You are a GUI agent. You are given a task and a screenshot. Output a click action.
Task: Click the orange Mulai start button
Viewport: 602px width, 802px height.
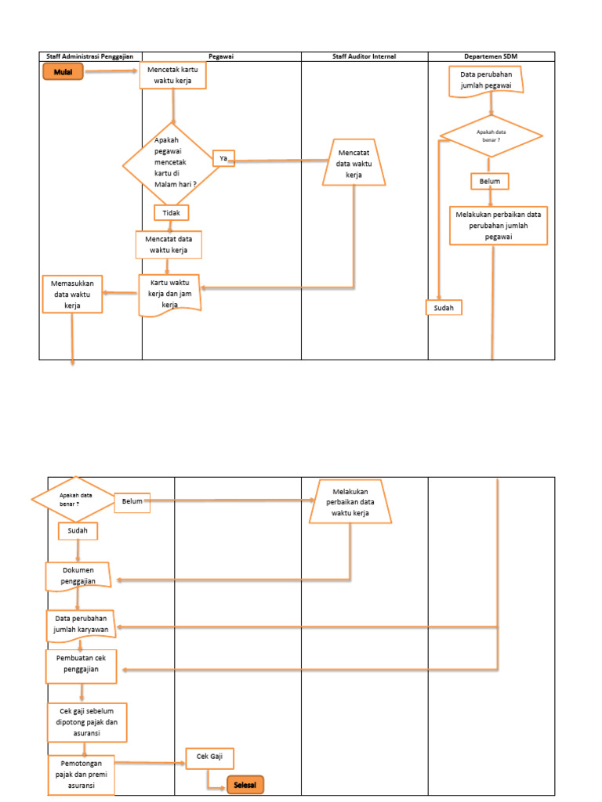(63, 71)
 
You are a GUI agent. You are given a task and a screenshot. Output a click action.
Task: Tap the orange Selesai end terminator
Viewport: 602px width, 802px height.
(245, 785)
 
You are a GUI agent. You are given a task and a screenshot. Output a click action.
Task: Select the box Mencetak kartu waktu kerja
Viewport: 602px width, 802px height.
(173, 75)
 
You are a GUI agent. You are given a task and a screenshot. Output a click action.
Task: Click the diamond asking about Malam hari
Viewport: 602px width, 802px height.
(172, 164)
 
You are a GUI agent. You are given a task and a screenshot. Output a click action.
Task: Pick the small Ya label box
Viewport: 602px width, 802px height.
(223, 158)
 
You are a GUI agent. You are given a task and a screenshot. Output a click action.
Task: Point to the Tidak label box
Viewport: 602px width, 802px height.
(172, 213)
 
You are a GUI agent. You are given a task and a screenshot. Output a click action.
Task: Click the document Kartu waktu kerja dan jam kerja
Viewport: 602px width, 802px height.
(170, 295)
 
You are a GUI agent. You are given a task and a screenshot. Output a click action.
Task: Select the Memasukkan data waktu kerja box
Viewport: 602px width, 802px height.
(72, 294)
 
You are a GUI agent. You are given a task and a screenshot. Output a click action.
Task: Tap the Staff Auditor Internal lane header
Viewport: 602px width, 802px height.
(364, 56)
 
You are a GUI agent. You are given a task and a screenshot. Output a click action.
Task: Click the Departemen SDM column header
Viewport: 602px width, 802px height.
(491, 56)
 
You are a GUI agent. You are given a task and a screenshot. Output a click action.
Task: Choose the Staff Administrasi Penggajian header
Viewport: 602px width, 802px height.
(90, 56)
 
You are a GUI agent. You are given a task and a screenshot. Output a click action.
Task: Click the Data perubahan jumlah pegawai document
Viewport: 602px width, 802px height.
(486, 81)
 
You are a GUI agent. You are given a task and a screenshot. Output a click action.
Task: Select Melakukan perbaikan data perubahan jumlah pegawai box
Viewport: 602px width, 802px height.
(498, 226)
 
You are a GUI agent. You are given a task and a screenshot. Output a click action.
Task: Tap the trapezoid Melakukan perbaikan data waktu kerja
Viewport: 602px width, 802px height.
(350, 502)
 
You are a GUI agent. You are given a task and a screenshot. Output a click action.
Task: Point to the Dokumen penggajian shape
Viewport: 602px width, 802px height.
(78, 576)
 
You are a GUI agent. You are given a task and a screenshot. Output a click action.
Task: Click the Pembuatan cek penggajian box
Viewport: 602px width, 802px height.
(81, 666)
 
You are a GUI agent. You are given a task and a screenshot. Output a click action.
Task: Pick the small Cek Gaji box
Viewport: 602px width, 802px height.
(209, 758)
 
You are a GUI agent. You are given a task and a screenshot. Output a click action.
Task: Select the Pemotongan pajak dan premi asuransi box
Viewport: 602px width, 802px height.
(81, 775)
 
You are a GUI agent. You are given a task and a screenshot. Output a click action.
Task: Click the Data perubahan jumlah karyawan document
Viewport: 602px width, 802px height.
(81, 625)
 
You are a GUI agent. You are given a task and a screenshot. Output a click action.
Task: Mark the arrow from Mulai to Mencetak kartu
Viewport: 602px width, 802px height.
(111, 70)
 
